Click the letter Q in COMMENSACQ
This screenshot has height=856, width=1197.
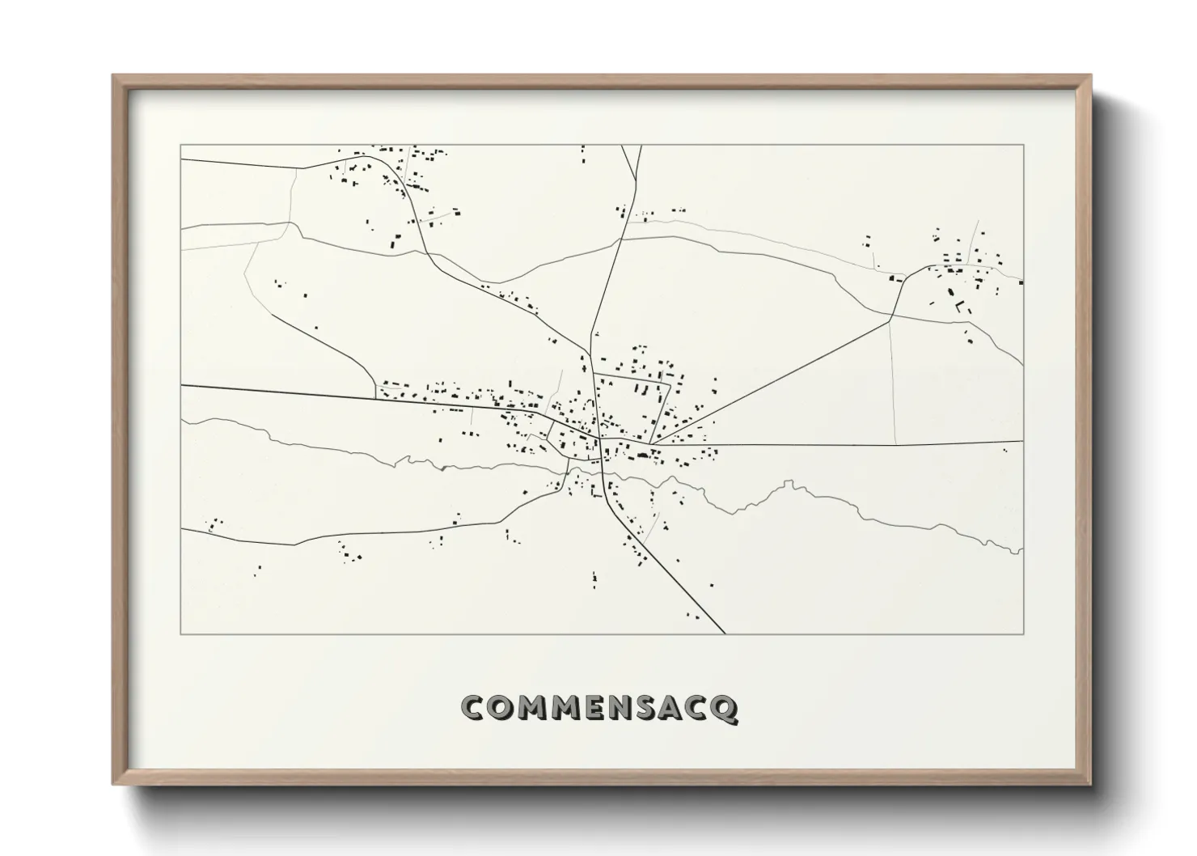click(725, 708)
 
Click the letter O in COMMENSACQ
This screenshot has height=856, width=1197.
click(500, 708)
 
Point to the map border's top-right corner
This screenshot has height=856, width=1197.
click(1023, 145)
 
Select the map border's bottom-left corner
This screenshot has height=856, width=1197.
click(181, 634)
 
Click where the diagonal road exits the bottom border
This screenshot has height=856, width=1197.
click(725, 634)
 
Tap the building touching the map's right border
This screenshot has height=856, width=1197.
click(1021, 282)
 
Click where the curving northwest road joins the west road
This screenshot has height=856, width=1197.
click(375, 397)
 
